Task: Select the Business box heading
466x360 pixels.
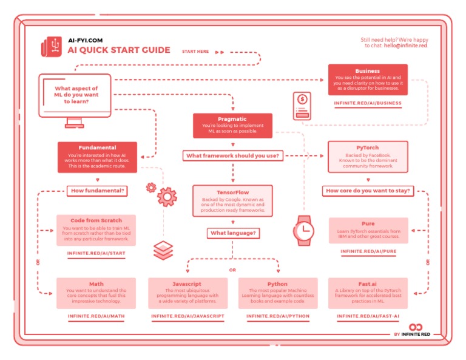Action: coord(368,71)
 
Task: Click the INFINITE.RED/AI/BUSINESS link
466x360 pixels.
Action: coord(368,104)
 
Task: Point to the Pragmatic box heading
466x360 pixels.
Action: coord(232,120)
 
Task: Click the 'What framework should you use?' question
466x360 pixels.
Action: coord(232,156)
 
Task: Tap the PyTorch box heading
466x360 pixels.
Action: coord(368,148)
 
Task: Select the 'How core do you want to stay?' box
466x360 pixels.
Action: coord(368,191)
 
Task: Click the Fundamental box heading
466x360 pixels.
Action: coord(97,148)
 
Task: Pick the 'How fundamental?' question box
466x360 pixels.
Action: coord(98,191)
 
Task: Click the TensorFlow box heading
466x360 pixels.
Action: coord(232,191)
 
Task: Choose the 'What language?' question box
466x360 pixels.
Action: coord(232,233)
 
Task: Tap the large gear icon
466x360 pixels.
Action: coord(166,197)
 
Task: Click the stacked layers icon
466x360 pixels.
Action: coord(163,250)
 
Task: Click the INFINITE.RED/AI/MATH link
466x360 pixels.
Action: coord(96,316)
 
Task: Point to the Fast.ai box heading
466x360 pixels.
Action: coord(368,284)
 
